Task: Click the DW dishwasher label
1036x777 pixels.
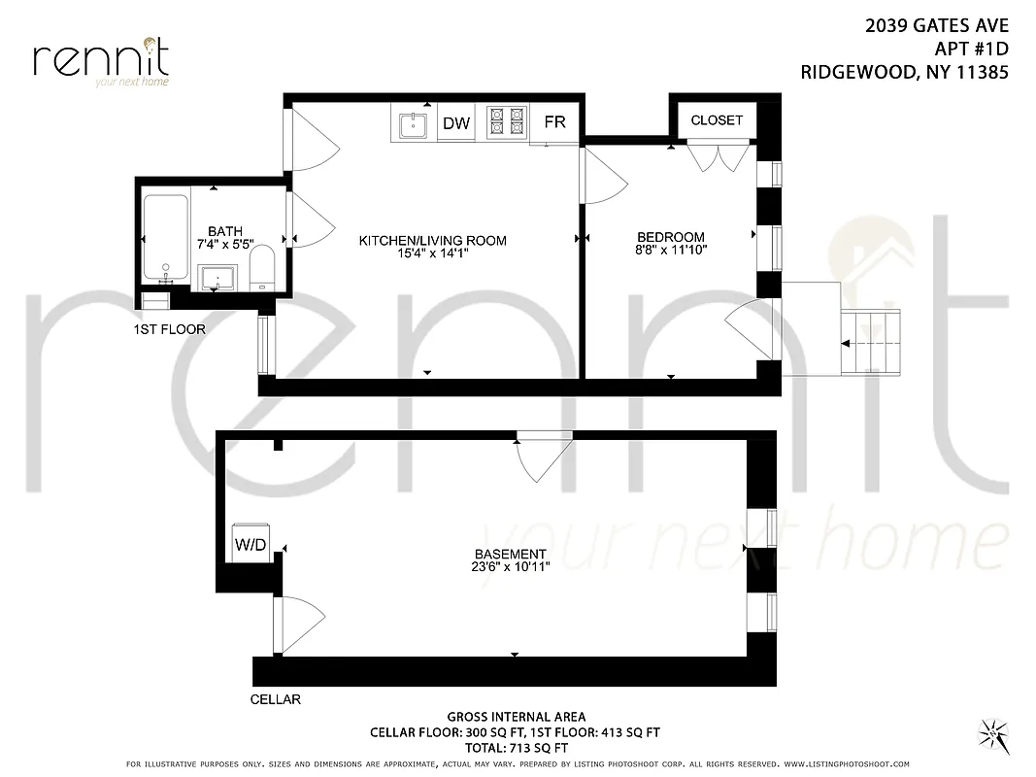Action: [456, 123]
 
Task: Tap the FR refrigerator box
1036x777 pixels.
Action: [554, 122]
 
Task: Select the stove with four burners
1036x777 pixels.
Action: [505, 122]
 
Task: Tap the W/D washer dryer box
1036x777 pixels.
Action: [251, 545]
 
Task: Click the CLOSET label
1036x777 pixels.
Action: [717, 120]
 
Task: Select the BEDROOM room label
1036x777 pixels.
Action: [670, 237]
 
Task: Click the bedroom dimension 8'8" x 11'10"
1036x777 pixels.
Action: [670, 251]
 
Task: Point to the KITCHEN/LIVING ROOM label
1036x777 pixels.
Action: [433, 241]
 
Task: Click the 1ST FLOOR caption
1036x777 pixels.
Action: [169, 329]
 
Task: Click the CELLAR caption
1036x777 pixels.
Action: [276, 699]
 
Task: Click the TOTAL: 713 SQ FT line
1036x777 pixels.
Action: [515, 748]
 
